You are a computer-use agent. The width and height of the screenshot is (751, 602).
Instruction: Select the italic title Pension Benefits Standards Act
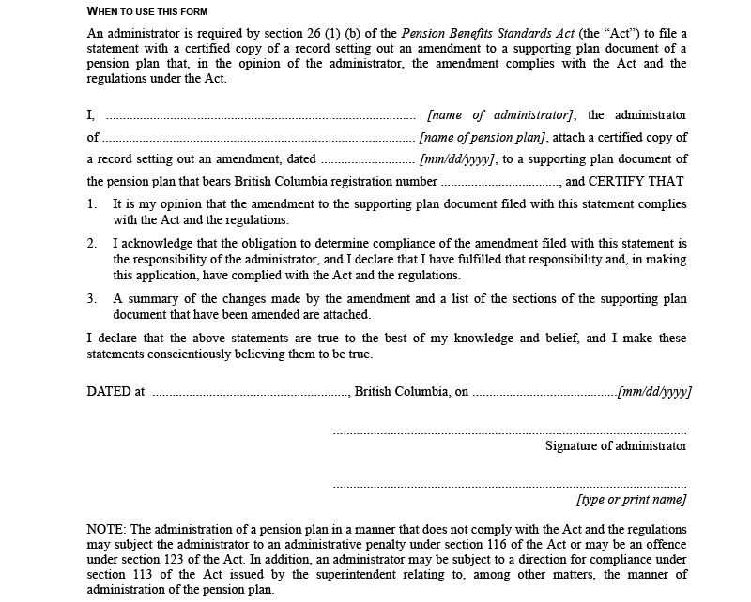[x=487, y=34]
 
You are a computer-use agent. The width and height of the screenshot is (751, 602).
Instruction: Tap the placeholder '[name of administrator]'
[x=499, y=115]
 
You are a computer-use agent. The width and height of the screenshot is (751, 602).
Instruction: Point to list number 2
[x=92, y=243]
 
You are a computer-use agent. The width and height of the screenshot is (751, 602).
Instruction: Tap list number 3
[x=92, y=299]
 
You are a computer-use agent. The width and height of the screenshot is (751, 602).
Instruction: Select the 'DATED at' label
[x=115, y=391]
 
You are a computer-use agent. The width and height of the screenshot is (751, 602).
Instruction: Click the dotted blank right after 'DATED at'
[x=250, y=393]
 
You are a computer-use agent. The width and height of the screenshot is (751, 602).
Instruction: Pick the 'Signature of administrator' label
[x=616, y=445]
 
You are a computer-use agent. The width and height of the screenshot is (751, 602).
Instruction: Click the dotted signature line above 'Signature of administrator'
[x=510, y=433]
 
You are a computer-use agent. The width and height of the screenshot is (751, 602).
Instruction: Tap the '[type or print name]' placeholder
[x=632, y=499]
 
